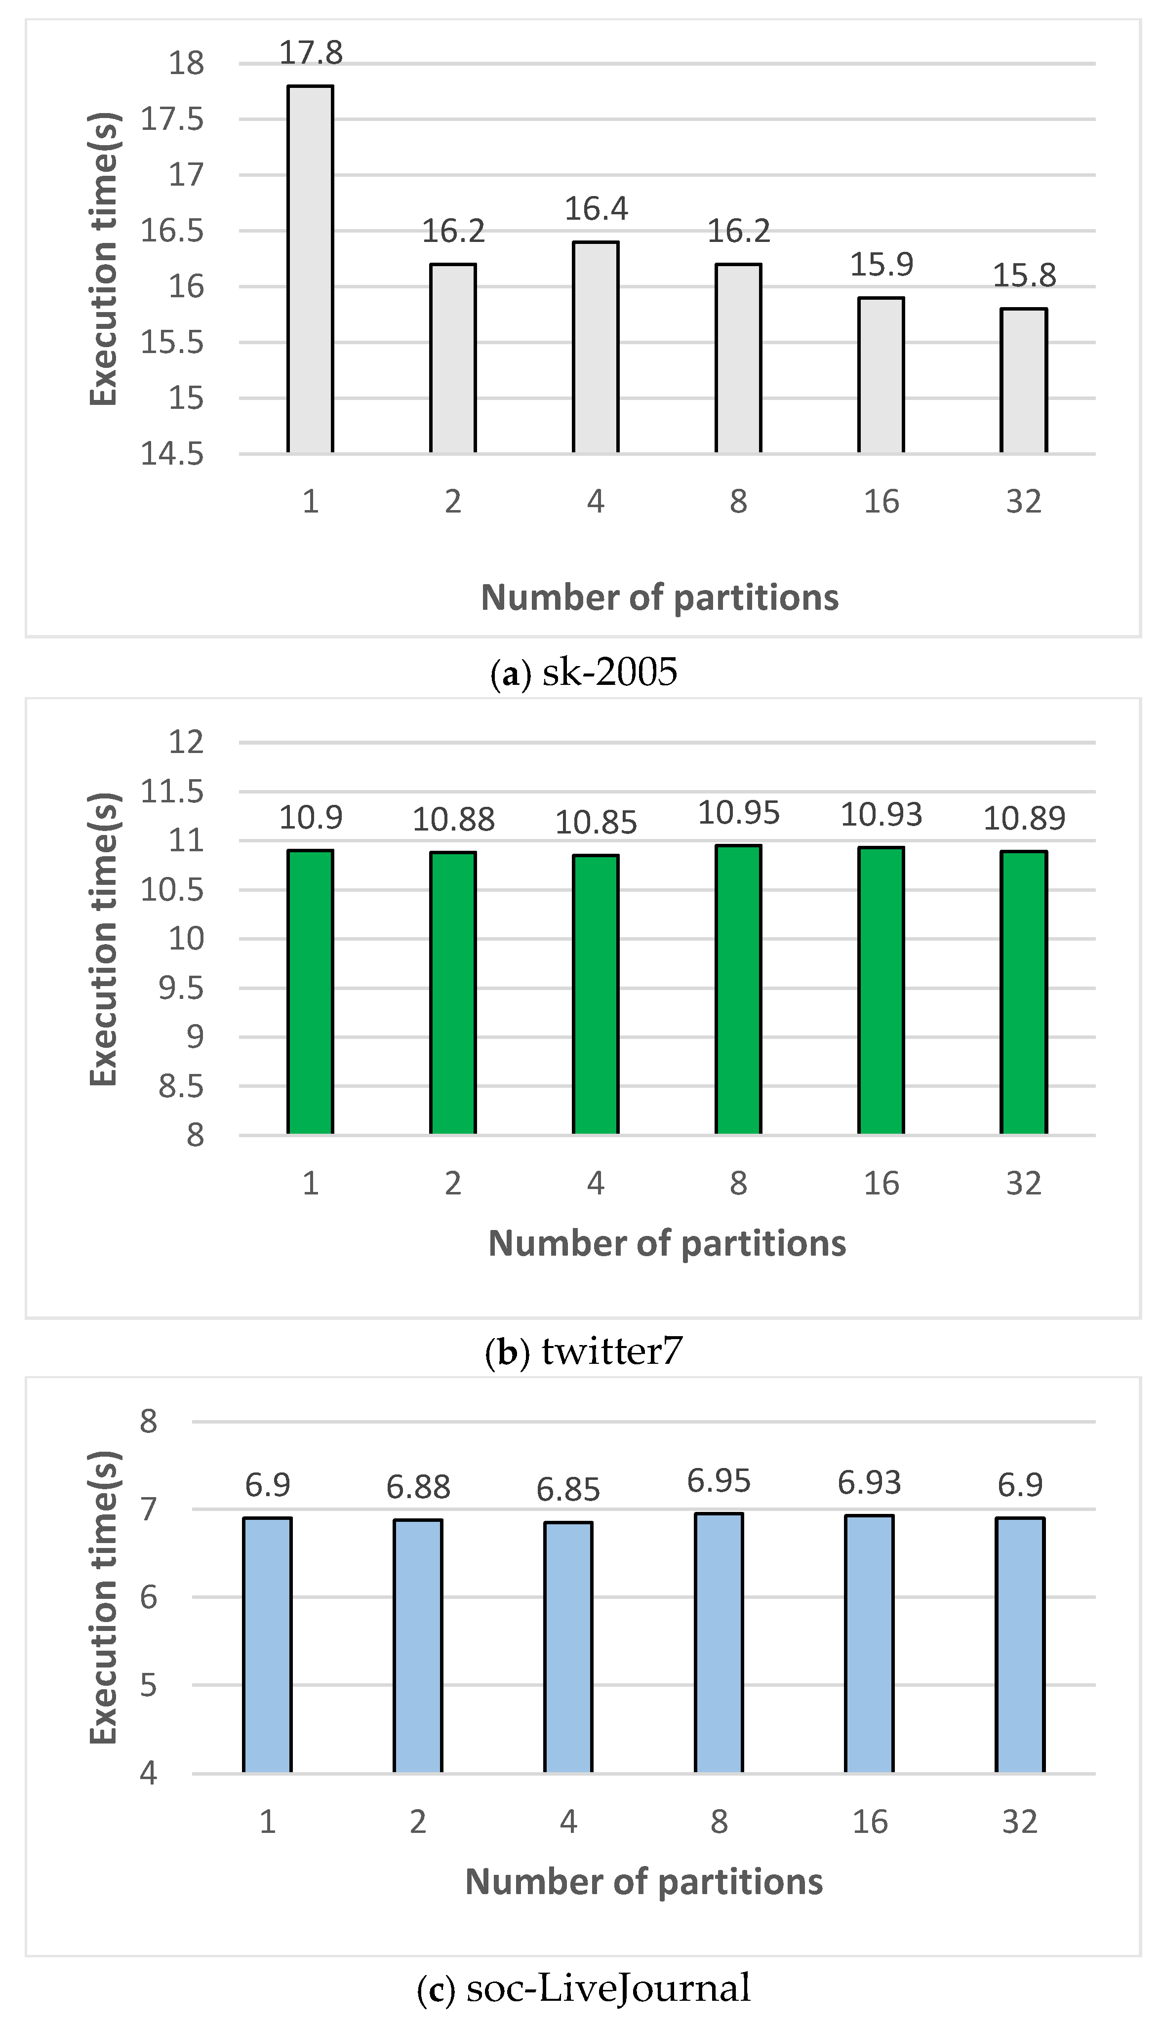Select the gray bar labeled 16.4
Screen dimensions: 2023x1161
click(x=596, y=347)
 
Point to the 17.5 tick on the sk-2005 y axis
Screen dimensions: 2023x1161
click(x=172, y=119)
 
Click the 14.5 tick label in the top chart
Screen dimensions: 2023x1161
click(x=172, y=454)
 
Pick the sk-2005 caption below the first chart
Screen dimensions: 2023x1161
click(x=584, y=672)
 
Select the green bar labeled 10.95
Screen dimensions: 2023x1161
click(x=738, y=989)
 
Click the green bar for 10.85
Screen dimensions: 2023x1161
click(x=596, y=994)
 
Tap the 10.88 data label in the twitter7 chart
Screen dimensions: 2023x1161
click(x=453, y=819)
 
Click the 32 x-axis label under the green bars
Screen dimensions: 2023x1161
click(x=1024, y=1184)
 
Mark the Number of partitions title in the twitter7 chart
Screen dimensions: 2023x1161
click(x=667, y=1243)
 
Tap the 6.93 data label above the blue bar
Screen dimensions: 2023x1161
click(x=869, y=1483)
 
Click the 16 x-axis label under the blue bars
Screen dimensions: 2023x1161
click(x=869, y=1822)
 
